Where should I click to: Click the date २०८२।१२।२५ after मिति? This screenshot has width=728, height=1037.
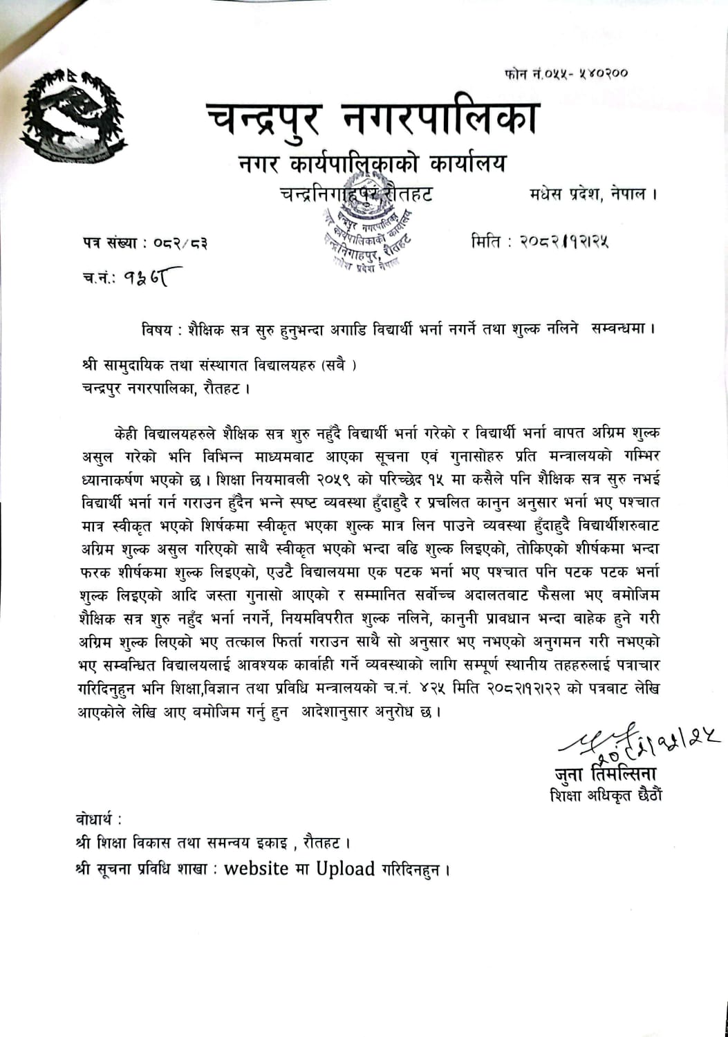pyautogui.click(x=562, y=241)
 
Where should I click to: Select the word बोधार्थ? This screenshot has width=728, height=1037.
pyautogui.click(x=98, y=821)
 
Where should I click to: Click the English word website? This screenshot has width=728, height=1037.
pyautogui.click(x=257, y=868)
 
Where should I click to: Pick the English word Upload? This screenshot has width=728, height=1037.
pyautogui.click(x=345, y=868)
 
